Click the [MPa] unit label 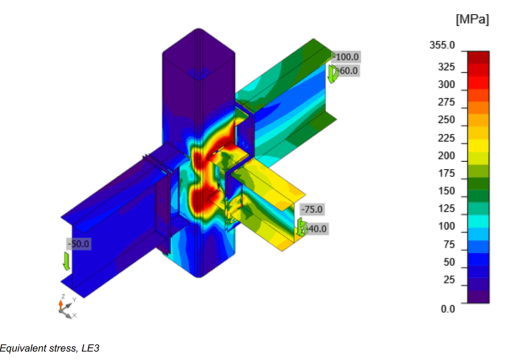pos(472,19)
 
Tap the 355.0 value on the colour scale pos(442,45)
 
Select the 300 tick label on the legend pos(446,84)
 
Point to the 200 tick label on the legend pos(446,155)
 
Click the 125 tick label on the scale pos(446,208)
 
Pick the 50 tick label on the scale pos(449,262)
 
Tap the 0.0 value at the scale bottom pos(447,308)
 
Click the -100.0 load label pos(346,57)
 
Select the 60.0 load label pos(348,70)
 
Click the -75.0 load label pos(312,209)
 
